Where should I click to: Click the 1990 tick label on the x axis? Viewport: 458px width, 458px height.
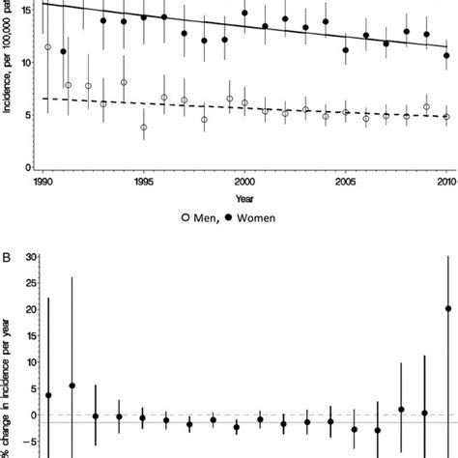click(43, 181)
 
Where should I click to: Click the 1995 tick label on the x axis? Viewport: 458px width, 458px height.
click(143, 181)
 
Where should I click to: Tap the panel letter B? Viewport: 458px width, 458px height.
click(9, 242)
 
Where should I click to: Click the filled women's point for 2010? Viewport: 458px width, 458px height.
click(446, 56)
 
